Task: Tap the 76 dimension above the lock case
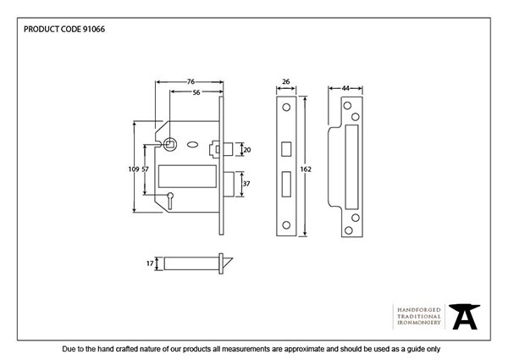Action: pyautogui.click(x=191, y=82)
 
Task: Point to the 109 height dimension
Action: pyautogui.click(x=132, y=169)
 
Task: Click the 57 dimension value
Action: pyautogui.click(x=145, y=169)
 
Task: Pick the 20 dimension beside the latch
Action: pyautogui.click(x=246, y=149)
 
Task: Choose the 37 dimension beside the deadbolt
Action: pyautogui.click(x=246, y=183)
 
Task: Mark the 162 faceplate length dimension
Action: pyautogui.click(x=306, y=169)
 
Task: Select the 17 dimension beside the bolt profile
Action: pyautogui.click(x=150, y=264)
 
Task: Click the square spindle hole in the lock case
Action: pyautogui.click(x=169, y=144)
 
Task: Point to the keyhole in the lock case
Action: pyautogui.click(x=169, y=200)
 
